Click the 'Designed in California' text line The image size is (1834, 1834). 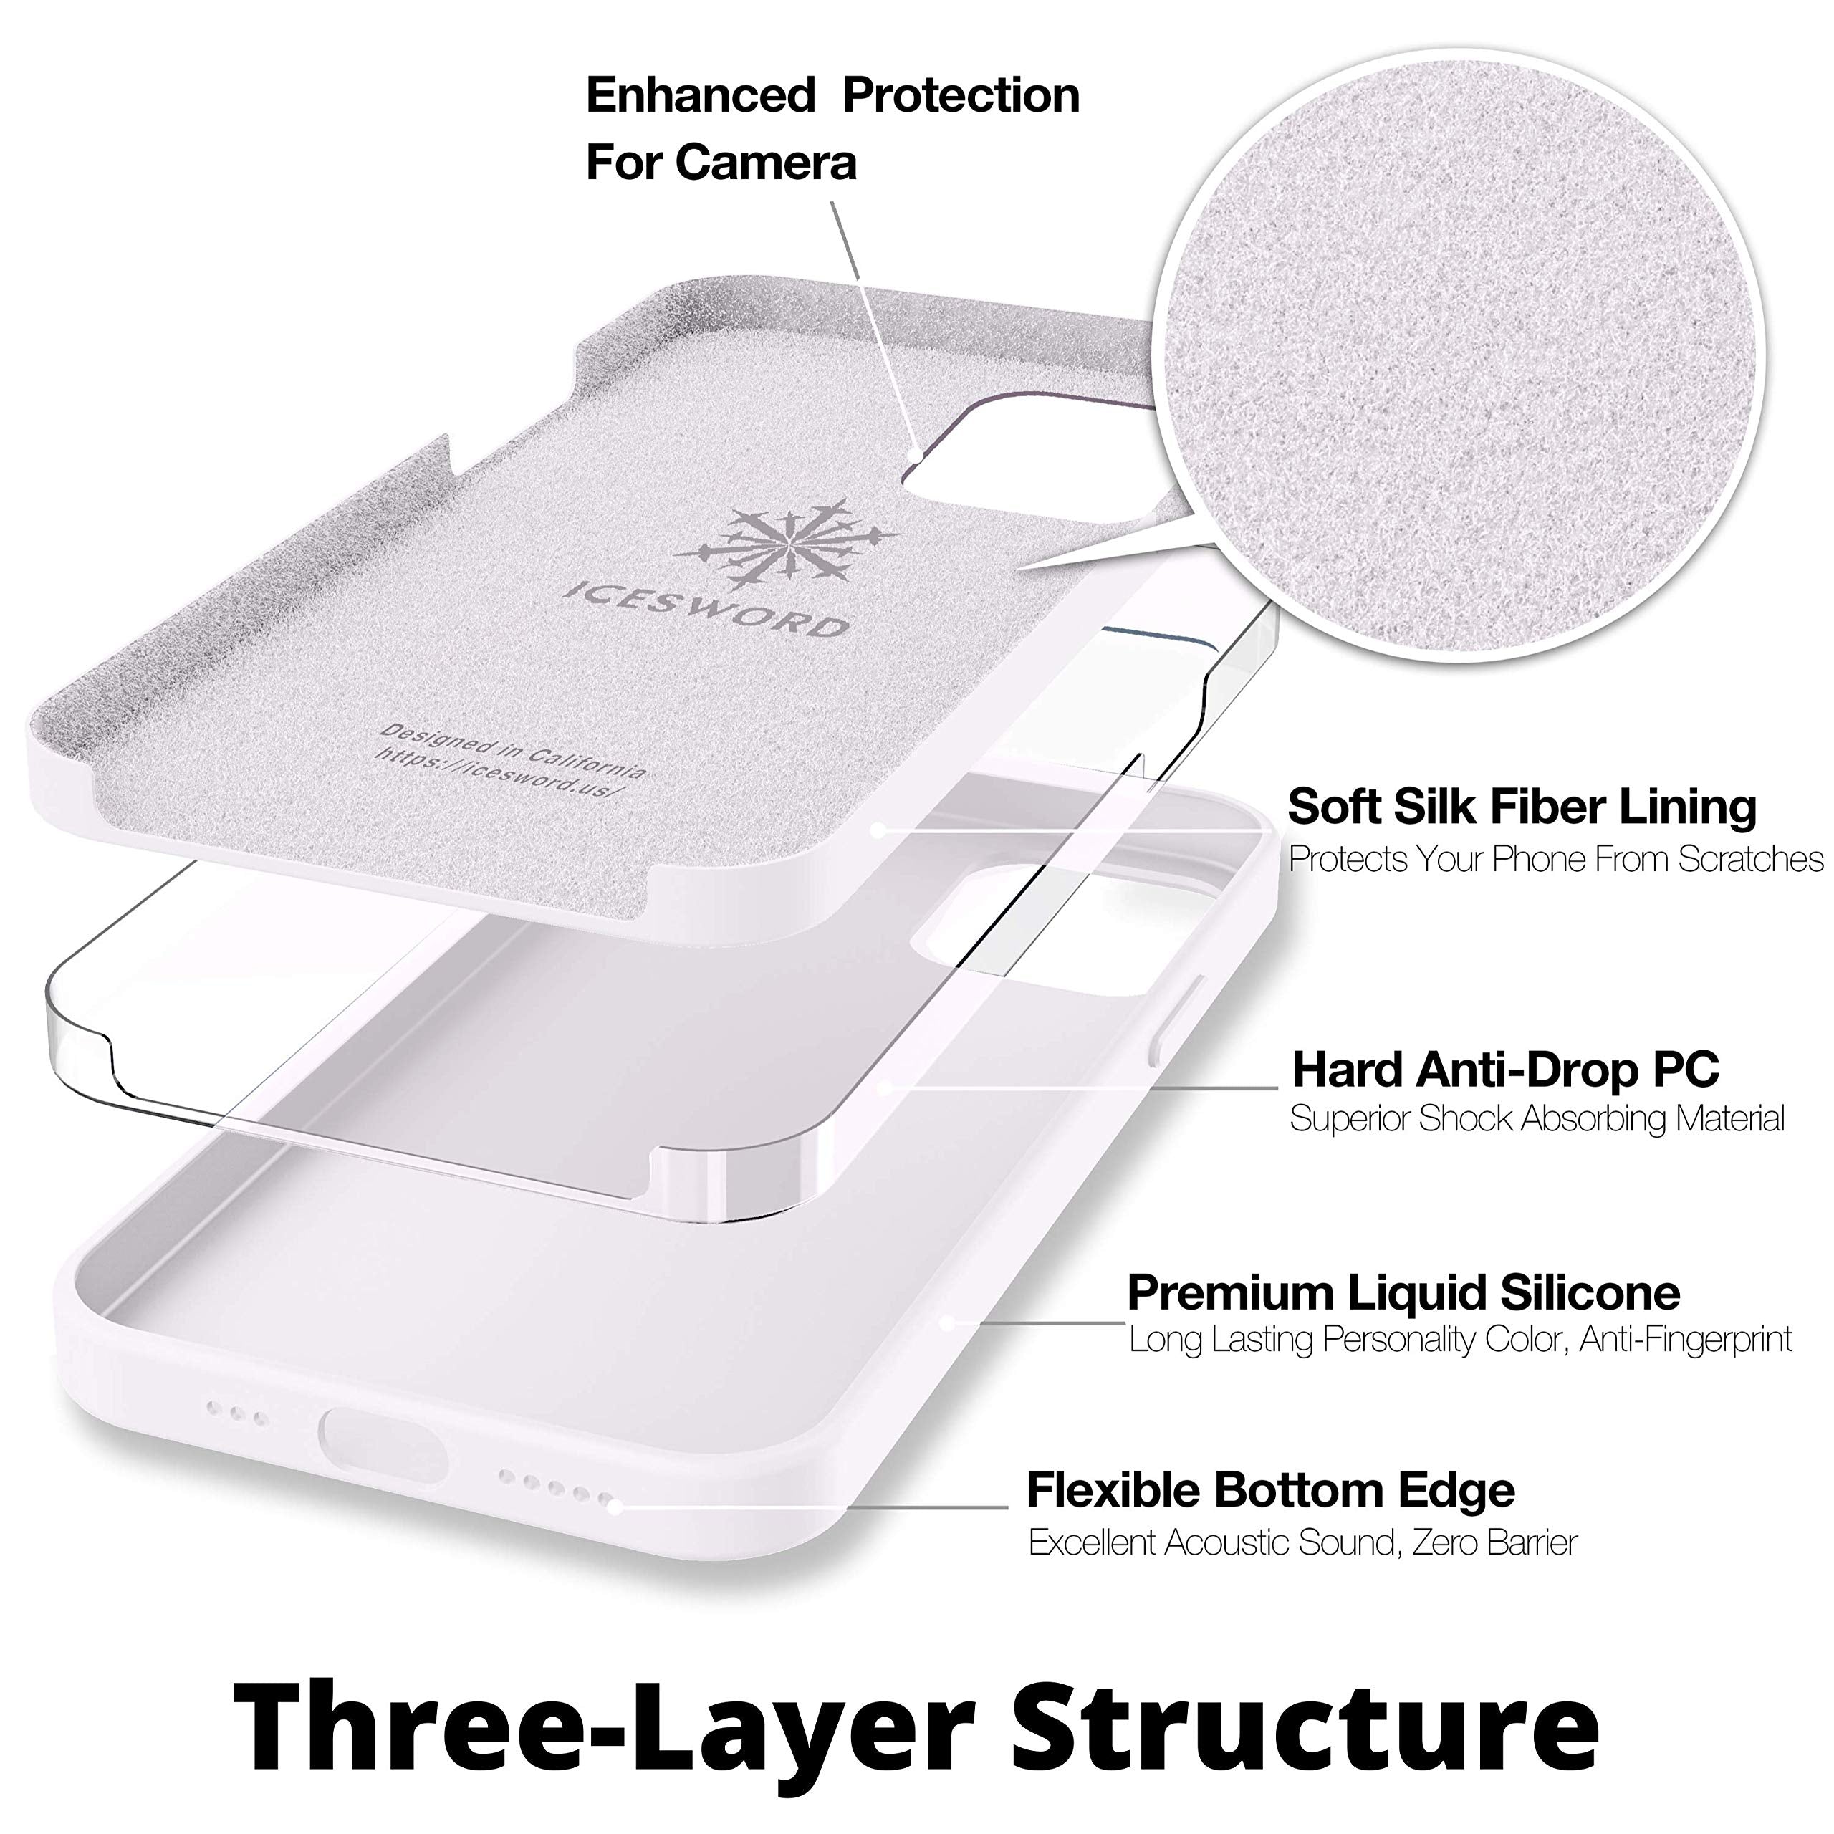[513, 751]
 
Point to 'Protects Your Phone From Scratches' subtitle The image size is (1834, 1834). [1555, 859]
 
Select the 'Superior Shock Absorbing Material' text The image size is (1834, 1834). [1537, 1119]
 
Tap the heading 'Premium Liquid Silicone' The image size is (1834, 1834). [1403, 1293]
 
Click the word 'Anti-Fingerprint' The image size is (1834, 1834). [1686, 1340]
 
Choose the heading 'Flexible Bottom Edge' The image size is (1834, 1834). [1270, 1490]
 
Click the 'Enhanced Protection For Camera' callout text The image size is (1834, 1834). [832, 128]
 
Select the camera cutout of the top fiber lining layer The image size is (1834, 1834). [1025, 475]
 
